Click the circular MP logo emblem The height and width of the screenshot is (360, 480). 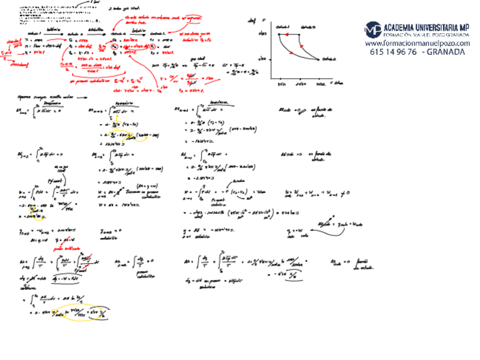point(372,29)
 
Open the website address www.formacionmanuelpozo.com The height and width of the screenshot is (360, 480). point(417,43)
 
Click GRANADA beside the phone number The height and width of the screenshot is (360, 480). point(446,52)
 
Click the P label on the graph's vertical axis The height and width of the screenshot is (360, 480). point(264,20)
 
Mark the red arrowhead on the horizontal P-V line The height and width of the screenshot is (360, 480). point(286,34)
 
